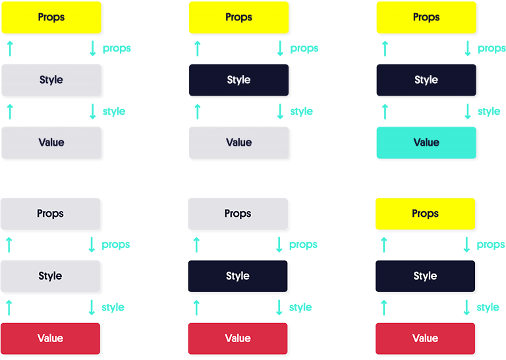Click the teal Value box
coord(426,142)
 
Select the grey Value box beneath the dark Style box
coord(239,142)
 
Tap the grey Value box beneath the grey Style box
coord(51,142)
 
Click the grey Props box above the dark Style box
coord(238,214)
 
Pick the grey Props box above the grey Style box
coord(50,214)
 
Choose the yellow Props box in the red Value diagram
coord(425,214)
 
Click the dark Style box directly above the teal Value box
coord(426,80)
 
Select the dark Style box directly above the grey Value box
coord(239,80)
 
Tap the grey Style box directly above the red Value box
coord(50,276)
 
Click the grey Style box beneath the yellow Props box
coord(51,80)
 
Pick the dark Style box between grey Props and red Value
coord(238,276)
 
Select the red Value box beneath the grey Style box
coord(50,339)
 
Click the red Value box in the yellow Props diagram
coord(425,339)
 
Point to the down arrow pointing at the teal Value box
coord(468,111)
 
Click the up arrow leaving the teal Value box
coord(385,111)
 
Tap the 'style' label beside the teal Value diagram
coord(489,111)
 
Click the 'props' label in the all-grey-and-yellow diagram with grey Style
coord(117,48)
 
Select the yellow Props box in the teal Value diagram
coord(426,17)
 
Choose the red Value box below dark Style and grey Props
coord(238,339)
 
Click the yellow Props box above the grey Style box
coord(51,17)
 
